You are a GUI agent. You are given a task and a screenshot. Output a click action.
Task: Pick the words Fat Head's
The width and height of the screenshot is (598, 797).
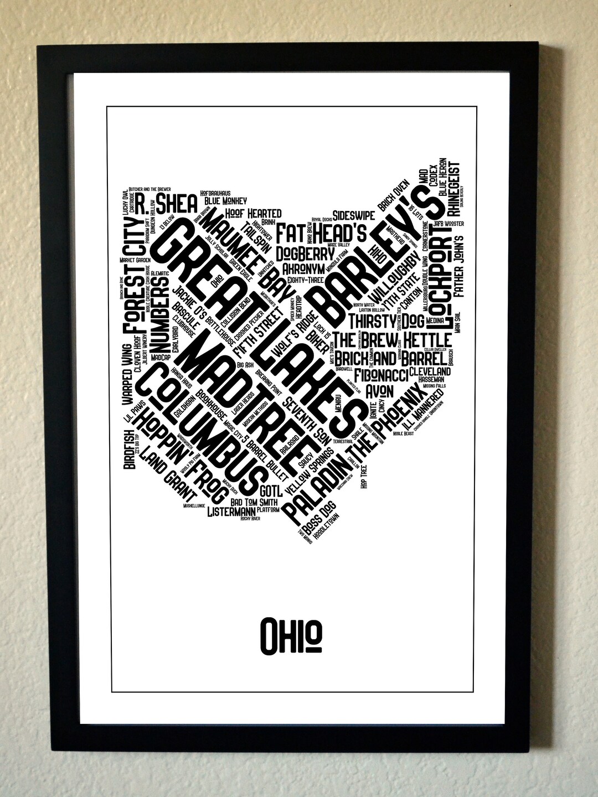(322, 232)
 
